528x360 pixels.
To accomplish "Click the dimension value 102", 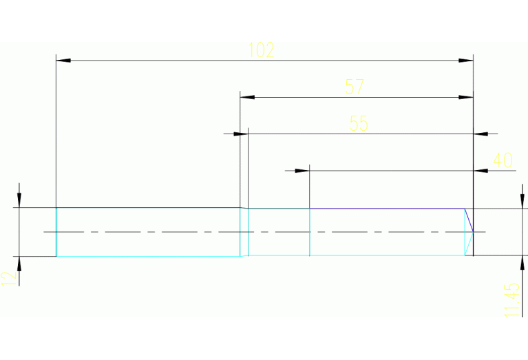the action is click(x=262, y=50).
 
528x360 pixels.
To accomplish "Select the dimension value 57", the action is click(x=355, y=87).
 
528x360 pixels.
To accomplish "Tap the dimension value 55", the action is click(x=359, y=123).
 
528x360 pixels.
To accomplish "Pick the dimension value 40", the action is click(x=503, y=160).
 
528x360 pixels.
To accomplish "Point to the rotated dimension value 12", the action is click(x=8, y=277).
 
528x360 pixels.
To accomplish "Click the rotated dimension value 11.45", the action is click(x=511, y=300).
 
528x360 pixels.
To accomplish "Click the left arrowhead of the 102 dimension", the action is click(x=63, y=61).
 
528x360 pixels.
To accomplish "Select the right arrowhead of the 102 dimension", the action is click(x=466, y=61).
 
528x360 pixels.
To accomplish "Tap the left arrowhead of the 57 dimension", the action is click(x=248, y=98).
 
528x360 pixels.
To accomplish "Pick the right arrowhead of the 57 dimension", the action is click(x=466, y=98).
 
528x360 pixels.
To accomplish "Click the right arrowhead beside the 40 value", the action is click(x=482, y=170).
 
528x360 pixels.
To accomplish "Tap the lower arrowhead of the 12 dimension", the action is click(x=19, y=264).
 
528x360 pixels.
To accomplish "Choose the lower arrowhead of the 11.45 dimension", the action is click(x=520, y=263).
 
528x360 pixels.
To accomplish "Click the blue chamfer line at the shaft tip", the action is click(x=469, y=220).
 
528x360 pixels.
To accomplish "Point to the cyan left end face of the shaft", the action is click(x=56, y=232).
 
